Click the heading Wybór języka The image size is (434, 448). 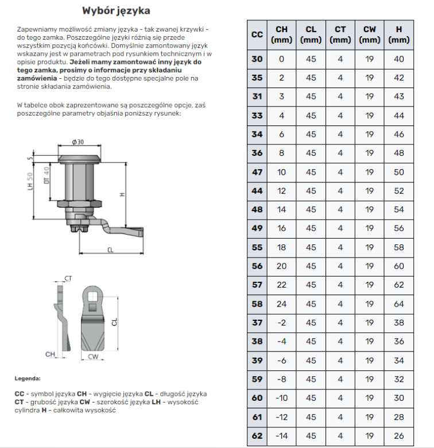117,10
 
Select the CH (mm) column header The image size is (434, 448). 281,34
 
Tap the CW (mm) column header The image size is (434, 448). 369,34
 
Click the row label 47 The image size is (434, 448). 257,172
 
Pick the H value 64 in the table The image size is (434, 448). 399,304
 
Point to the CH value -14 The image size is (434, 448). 281,435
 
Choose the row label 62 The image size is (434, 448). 257,435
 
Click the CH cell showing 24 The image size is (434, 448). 281,304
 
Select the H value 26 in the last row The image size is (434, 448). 399,435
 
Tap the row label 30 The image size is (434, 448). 257,59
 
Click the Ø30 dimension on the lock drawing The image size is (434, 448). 78,141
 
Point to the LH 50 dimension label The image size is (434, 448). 30,183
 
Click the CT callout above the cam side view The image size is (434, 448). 68,278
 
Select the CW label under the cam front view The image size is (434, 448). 94,357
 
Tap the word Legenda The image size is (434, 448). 28,379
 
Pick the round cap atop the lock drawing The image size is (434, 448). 80,154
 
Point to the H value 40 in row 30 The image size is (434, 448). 399,59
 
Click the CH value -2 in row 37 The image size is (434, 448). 281,323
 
